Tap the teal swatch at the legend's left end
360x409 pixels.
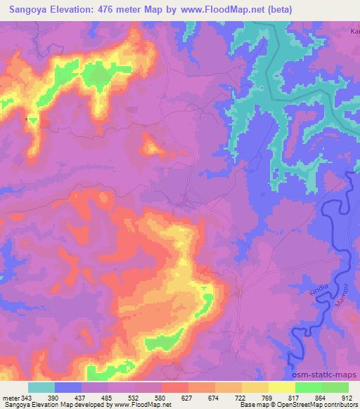(x=41, y=387)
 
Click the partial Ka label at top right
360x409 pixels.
(x=354, y=31)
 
